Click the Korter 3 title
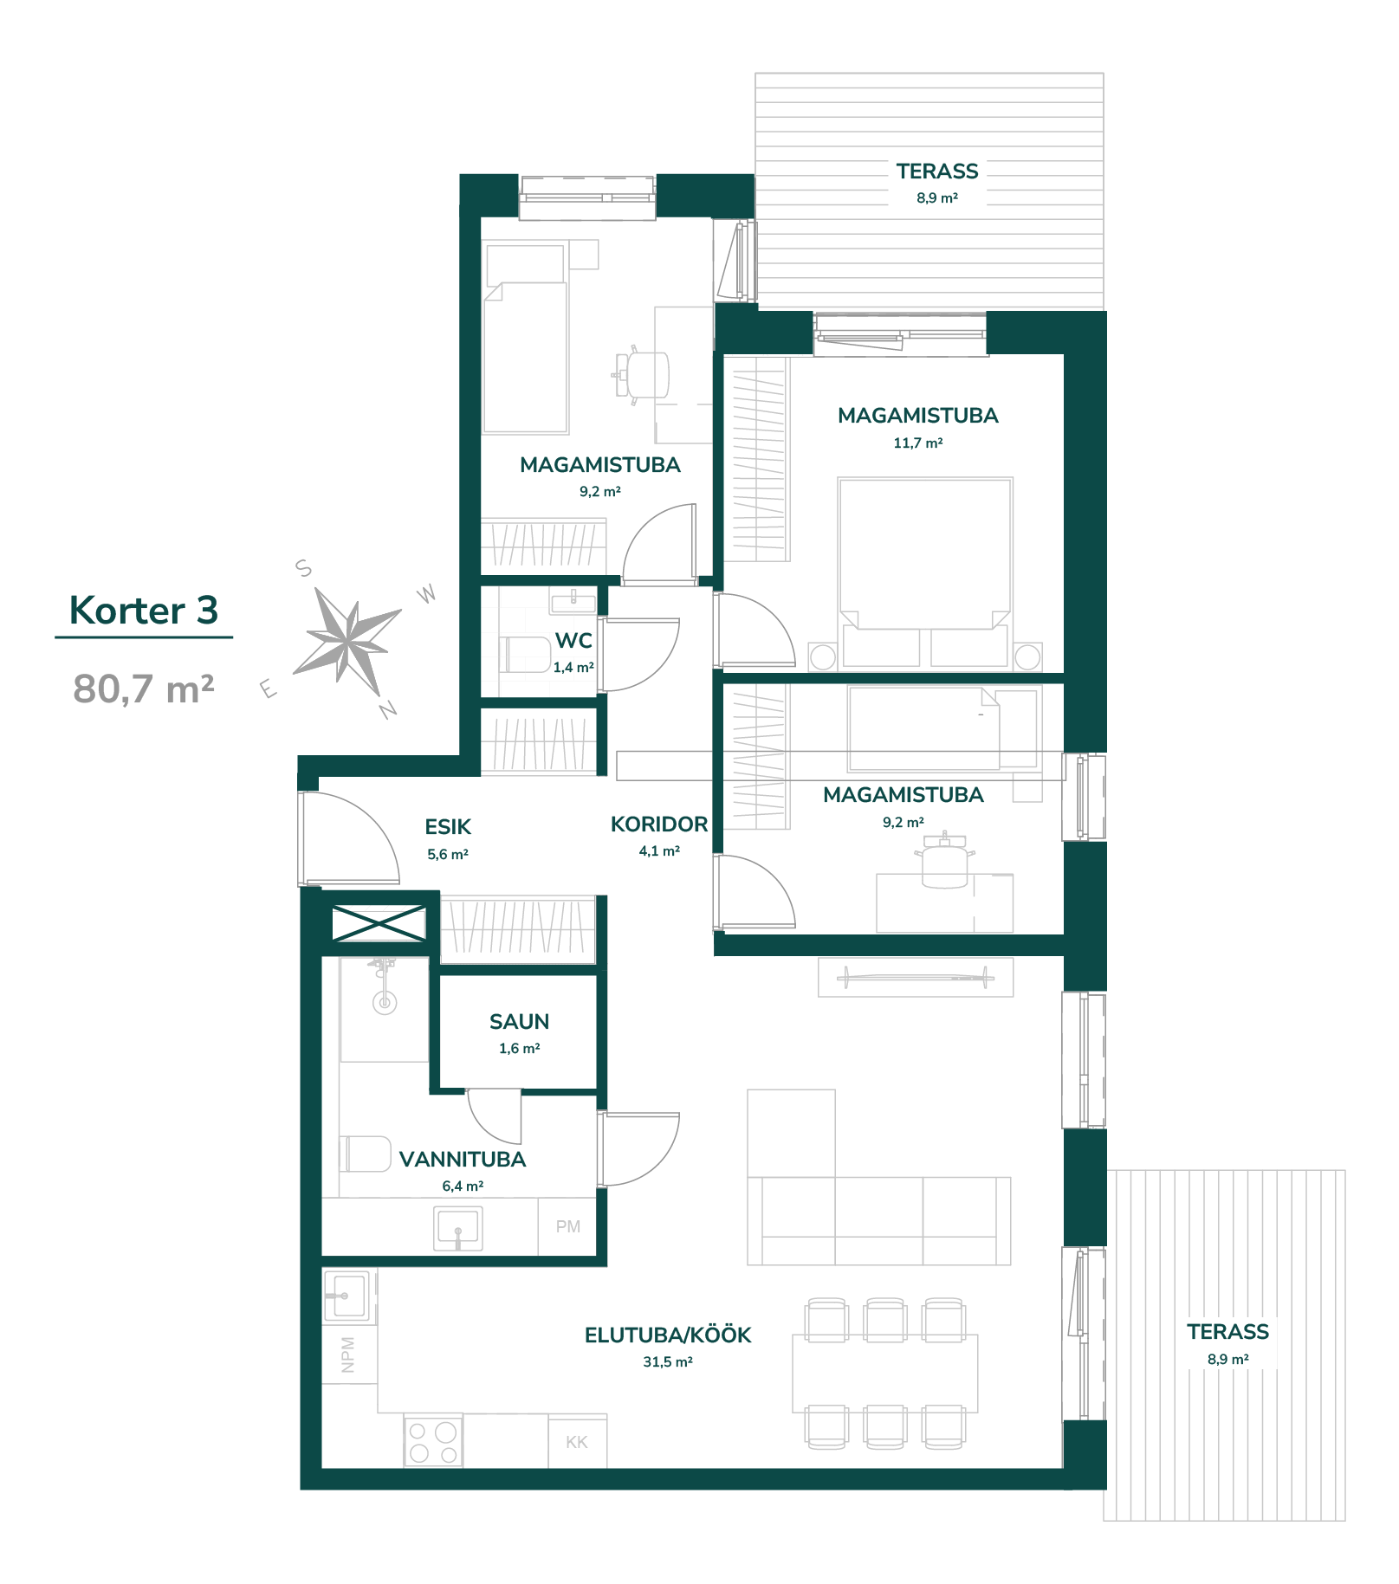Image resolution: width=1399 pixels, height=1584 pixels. click(x=144, y=611)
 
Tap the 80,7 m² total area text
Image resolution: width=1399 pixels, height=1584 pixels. click(x=144, y=689)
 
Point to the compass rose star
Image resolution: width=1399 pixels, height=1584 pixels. click(x=347, y=642)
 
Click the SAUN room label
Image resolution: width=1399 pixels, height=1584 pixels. click(x=519, y=1022)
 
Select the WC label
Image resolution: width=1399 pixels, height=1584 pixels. click(x=573, y=641)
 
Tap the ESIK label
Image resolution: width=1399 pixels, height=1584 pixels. click(x=448, y=827)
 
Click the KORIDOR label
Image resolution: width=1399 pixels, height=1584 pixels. click(x=659, y=824)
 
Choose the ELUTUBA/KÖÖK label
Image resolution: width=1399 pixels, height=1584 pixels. click(x=668, y=1335)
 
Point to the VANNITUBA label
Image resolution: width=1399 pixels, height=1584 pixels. click(x=463, y=1160)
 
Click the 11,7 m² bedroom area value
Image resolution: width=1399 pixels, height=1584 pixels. click(x=918, y=443)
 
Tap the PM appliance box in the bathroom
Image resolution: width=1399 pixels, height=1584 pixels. click(x=567, y=1226)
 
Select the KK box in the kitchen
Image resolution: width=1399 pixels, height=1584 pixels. click(x=577, y=1442)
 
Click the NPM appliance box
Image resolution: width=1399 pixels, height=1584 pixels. click(x=349, y=1354)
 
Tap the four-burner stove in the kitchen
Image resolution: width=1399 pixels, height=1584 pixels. click(x=433, y=1442)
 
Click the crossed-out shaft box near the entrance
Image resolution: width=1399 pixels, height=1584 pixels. click(x=379, y=923)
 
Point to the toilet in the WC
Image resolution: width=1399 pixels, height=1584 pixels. click(x=526, y=655)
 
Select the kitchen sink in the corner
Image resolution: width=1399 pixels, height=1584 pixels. click(x=348, y=1296)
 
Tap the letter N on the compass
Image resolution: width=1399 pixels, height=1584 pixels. click(x=387, y=709)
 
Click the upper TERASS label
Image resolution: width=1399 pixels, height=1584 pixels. click(x=937, y=171)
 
